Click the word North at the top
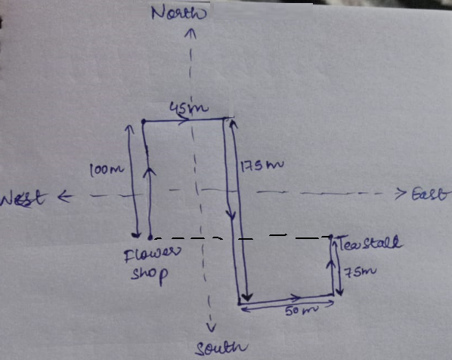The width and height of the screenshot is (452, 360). coord(179,14)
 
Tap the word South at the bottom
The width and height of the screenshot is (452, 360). coord(221,348)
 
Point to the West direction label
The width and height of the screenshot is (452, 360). coord(23,198)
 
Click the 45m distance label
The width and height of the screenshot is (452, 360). coord(188,107)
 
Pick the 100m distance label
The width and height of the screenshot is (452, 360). coord(107,170)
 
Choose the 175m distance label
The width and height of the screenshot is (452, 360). coord(262,166)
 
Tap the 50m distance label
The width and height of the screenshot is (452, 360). coord(302,311)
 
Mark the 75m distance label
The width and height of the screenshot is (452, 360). coord(361,272)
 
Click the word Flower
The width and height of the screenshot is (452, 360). coord(152,254)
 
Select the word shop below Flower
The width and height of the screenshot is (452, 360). coord(149,274)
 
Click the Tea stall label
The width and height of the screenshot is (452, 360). coord(370,243)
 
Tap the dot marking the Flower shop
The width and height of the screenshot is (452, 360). coord(150,237)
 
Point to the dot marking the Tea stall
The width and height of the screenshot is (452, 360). coord(331,237)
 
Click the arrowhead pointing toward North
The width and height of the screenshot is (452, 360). coord(190,33)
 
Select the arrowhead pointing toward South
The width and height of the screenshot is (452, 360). coord(212,327)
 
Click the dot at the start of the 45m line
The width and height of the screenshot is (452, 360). coord(144,122)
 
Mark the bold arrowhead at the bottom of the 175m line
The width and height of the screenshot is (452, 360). coord(247,297)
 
